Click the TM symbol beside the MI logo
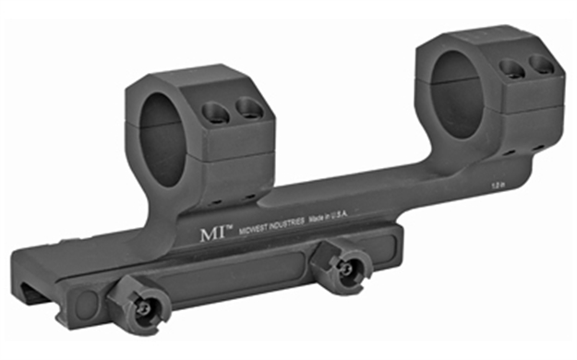pyautogui.click(x=224, y=225)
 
